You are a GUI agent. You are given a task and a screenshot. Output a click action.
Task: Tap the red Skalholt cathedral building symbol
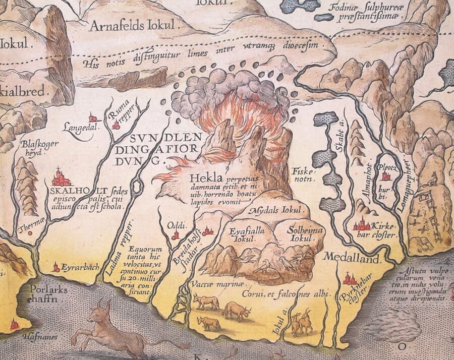pos(61,177)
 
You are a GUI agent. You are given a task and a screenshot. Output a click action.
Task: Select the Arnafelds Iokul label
pos(132,25)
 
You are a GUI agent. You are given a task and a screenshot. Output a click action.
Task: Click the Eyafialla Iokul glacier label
pos(242,235)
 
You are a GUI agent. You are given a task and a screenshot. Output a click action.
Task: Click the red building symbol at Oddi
pos(176,234)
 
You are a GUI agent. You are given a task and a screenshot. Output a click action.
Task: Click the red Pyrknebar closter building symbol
pos(349,278)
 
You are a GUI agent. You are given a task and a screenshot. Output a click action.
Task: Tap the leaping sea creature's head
pos(104,309)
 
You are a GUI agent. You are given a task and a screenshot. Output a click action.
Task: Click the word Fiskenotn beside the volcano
pos(302,174)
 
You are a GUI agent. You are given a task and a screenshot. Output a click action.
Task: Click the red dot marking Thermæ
pos(30,233)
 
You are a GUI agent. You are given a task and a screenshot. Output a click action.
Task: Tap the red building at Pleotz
pos(386,176)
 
